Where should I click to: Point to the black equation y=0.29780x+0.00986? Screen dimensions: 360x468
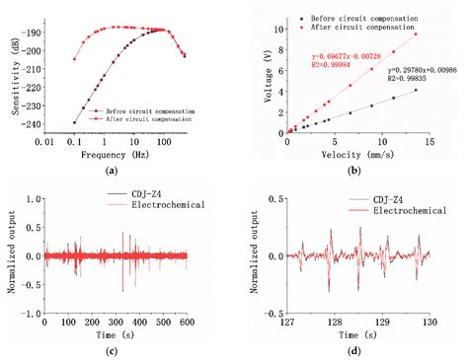pyautogui.click(x=416, y=71)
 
